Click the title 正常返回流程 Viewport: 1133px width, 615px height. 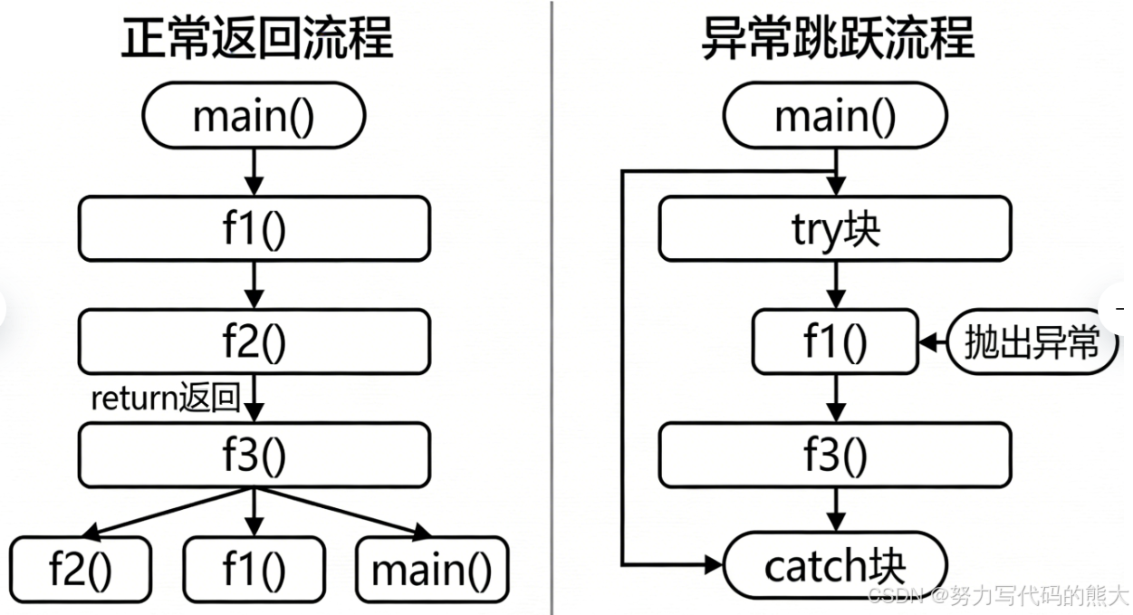click(256, 38)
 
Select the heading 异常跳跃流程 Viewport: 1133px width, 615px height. click(838, 38)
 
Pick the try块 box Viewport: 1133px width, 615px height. click(834, 229)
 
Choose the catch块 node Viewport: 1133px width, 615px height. click(834, 566)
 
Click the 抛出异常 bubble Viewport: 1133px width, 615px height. click(1032, 343)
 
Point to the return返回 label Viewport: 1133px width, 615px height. click(166, 399)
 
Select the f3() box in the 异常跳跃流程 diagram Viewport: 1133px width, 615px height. click(834, 455)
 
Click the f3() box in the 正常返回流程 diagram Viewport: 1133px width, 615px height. click(254, 455)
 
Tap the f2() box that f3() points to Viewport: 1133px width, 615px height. click(81, 570)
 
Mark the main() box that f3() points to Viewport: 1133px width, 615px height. click(431, 570)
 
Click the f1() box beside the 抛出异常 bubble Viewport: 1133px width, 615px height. click(834, 342)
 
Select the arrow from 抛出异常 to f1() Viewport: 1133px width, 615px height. click(932, 342)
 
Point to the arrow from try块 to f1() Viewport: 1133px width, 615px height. click(834, 284)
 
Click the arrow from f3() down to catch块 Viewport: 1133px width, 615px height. click(834, 510)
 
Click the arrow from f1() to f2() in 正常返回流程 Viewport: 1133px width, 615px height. click(254, 283)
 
